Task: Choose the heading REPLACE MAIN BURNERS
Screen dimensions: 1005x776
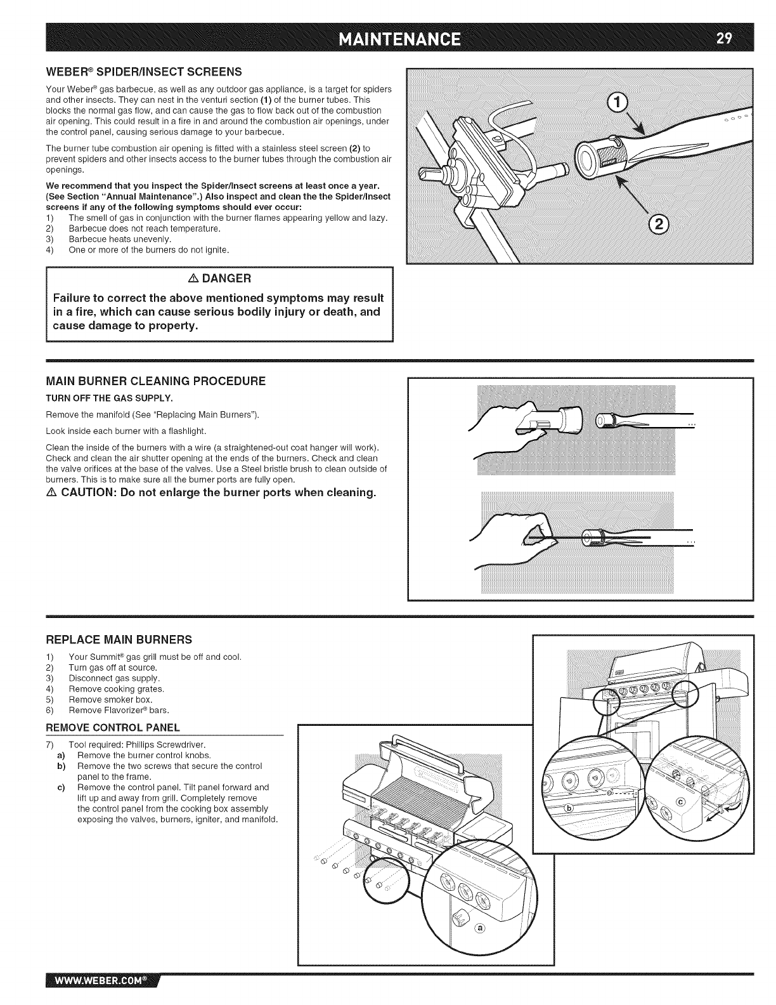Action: [x=119, y=638]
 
